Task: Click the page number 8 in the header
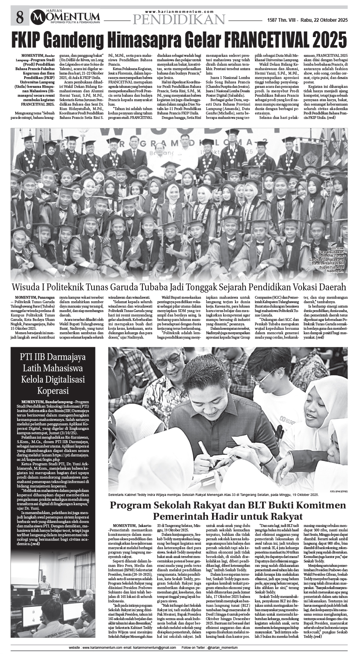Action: pyautogui.click(x=20, y=17)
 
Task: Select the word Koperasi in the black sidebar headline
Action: pyautogui.click(x=54, y=390)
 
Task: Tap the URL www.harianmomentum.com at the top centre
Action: pyautogui.click(x=179, y=11)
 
